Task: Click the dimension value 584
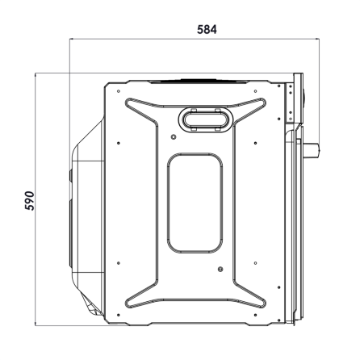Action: coord(207,30)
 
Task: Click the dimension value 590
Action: coord(30,201)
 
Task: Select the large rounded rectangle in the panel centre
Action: coord(195,203)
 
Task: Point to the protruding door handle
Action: coord(312,149)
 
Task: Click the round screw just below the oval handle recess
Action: coord(174,137)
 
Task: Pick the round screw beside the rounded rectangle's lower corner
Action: coord(220,269)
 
